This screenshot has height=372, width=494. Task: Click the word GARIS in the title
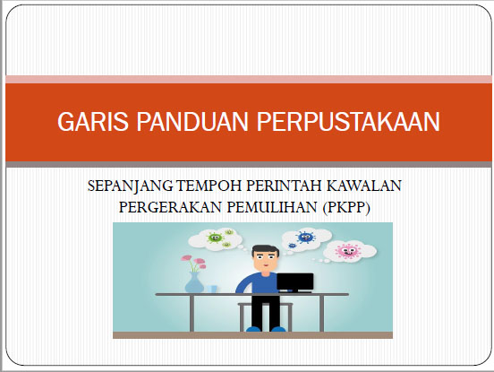click(93, 122)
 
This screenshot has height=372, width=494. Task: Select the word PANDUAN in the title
click(192, 122)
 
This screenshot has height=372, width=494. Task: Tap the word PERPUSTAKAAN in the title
click(348, 122)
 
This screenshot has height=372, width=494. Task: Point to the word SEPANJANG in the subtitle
click(130, 186)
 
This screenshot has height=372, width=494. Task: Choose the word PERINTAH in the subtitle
click(284, 186)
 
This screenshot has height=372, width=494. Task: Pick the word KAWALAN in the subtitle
click(364, 186)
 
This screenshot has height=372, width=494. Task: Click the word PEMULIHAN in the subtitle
click(272, 207)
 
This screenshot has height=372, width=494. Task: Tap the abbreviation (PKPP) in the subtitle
click(346, 208)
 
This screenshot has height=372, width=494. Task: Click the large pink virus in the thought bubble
click(347, 251)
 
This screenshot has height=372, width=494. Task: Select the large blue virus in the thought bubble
click(304, 237)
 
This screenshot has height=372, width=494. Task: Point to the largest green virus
click(215, 238)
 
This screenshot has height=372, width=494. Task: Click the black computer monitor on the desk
click(295, 282)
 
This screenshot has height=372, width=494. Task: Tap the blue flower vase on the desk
click(194, 282)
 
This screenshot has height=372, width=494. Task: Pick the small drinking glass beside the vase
click(212, 289)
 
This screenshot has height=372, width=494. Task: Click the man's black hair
click(265, 250)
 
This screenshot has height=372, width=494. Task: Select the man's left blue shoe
click(253, 329)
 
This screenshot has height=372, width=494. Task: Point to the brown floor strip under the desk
click(252, 335)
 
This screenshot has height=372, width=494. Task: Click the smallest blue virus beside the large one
click(292, 245)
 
